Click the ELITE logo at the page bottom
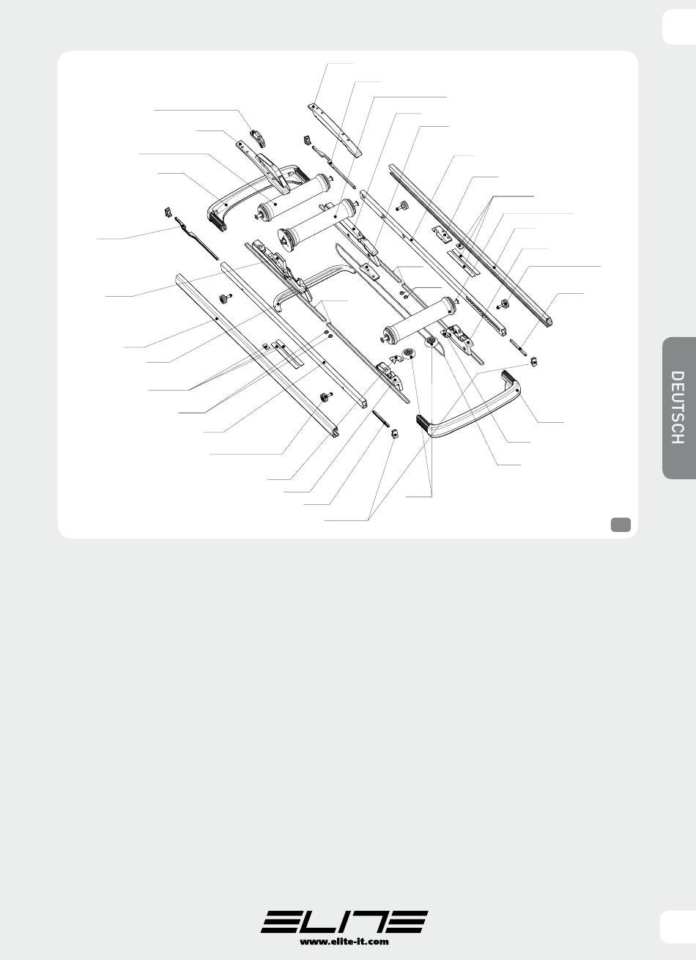[x=344, y=921]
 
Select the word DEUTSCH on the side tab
[x=677, y=407]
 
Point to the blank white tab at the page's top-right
[x=678, y=27]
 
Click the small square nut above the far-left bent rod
[x=167, y=213]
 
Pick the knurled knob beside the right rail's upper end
[x=402, y=206]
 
